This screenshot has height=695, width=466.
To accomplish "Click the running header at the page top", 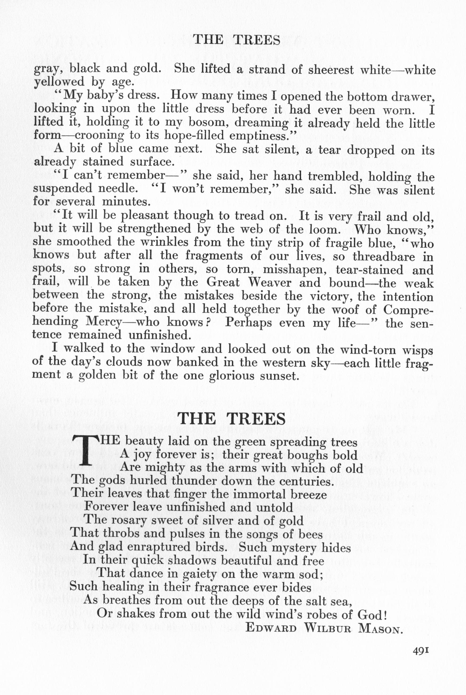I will [x=237, y=40].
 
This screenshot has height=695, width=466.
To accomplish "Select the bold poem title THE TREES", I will [x=232, y=419].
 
